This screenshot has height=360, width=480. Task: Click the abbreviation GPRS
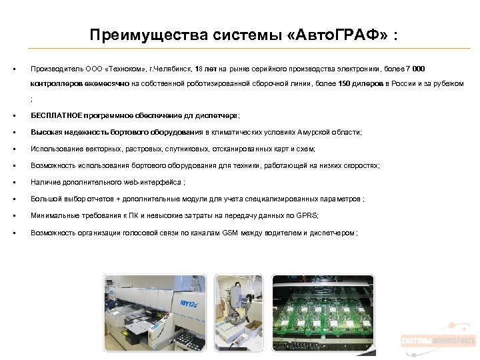pyautogui.click(x=309, y=215)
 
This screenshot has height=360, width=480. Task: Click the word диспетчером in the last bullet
pyautogui.click(x=334, y=232)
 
